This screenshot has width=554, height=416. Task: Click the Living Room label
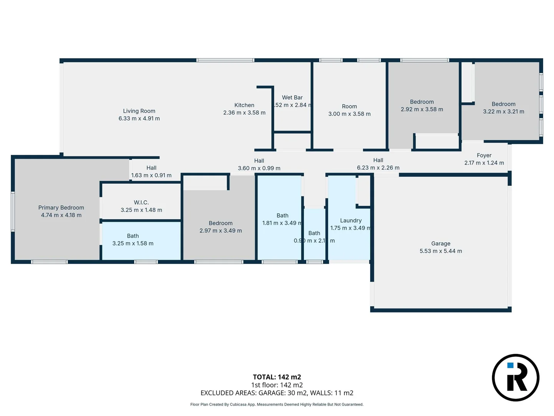(x=139, y=111)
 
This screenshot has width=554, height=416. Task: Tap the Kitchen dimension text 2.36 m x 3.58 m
(x=244, y=113)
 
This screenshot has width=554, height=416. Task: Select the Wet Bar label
(x=292, y=97)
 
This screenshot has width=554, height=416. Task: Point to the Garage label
(x=441, y=243)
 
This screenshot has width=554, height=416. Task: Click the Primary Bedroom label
(x=61, y=208)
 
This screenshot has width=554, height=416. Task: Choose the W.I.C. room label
(x=141, y=202)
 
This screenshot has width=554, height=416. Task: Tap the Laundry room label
(x=350, y=220)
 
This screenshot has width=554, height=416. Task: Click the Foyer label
(x=484, y=155)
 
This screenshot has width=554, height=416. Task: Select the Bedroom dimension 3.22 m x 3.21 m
(x=503, y=112)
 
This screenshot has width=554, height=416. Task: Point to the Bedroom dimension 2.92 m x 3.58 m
(x=422, y=109)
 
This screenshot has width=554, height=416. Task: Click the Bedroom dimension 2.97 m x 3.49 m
(x=220, y=231)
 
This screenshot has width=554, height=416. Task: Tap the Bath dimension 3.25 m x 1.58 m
(x=133, y=243)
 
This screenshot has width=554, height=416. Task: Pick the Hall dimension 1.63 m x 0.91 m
(x=151, y=175)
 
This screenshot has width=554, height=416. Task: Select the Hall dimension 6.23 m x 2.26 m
(x=378, y=168)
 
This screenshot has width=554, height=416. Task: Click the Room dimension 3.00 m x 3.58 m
(x=349, y=114)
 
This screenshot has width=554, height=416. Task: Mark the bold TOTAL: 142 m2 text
(x=277, y=377)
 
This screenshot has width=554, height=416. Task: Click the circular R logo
(x=516, y=377)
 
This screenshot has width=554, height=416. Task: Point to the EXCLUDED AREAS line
(x=277, y=393)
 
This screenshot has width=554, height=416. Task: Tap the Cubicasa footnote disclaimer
(x=277, y=404)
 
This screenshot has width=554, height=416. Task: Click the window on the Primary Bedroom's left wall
(x=13, y=211)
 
